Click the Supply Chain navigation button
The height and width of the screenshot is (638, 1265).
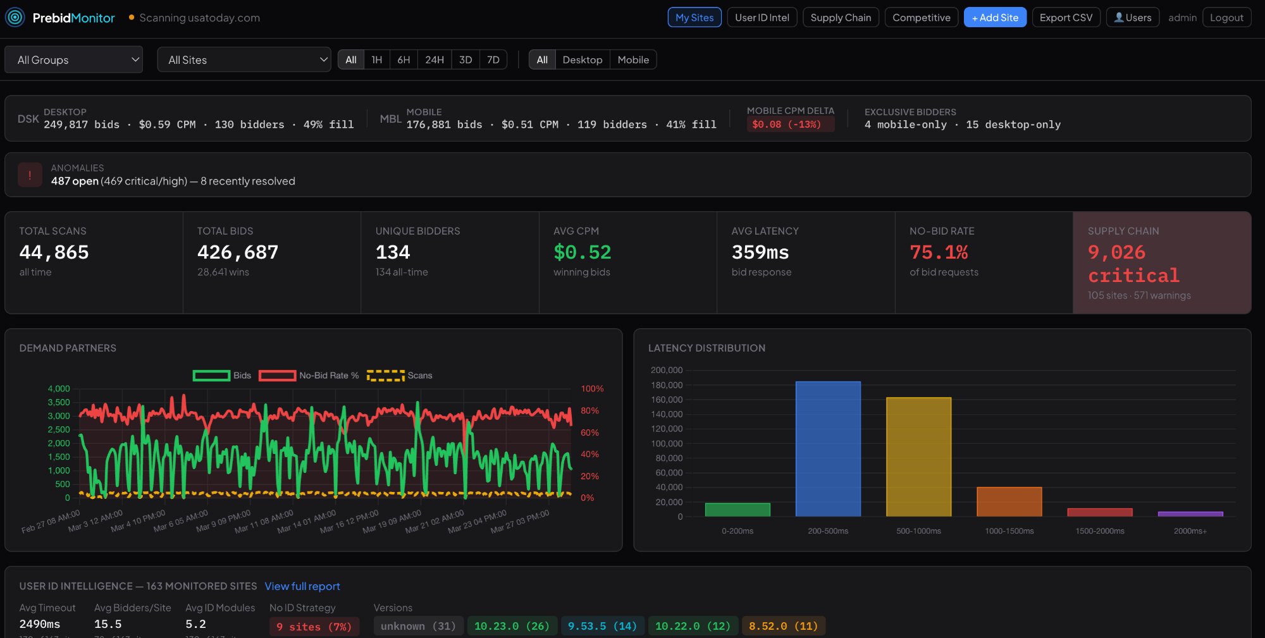coord(841,18)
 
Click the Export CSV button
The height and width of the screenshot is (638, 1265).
coord(1066,18)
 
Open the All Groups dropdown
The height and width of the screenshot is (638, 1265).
coord(73,60)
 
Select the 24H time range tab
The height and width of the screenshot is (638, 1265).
coord(434,60)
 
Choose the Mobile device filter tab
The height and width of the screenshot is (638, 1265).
coord(632,60)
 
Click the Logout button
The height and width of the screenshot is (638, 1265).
coord(1226,18)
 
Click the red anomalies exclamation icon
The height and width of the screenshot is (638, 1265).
coord(30,175)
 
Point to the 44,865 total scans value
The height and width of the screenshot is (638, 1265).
coord(54,252)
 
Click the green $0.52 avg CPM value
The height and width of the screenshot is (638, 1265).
coord(582,252)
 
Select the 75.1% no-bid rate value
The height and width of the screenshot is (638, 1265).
coord(939,252)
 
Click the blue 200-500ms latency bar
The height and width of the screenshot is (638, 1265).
coord(827,449)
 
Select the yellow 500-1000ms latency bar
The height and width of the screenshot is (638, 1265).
coord(918,457)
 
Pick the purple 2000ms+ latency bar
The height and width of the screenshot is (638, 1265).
coord(1190,514)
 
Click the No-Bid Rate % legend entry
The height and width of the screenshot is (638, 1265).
coord(309,376)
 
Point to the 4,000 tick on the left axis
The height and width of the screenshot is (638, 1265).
coord(59,389)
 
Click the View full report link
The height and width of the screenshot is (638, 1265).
coord(302,586)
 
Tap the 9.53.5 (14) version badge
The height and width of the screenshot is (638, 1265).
coord(602,626)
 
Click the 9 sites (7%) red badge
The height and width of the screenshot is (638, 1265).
coord(314,627)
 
